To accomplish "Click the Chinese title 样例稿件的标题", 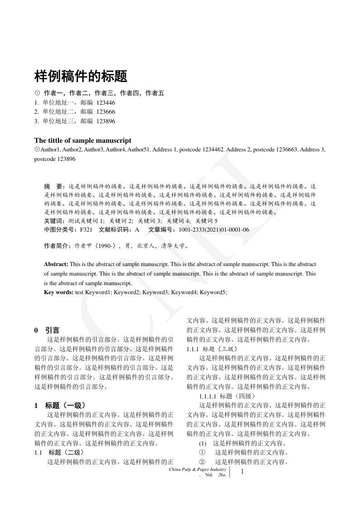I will [81, 76].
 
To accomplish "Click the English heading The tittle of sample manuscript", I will [83, 141].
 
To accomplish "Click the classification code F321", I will [86, 230].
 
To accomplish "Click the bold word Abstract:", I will [56, 264].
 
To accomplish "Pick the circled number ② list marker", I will [202, 462].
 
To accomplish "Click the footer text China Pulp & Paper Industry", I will [197, 470].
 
